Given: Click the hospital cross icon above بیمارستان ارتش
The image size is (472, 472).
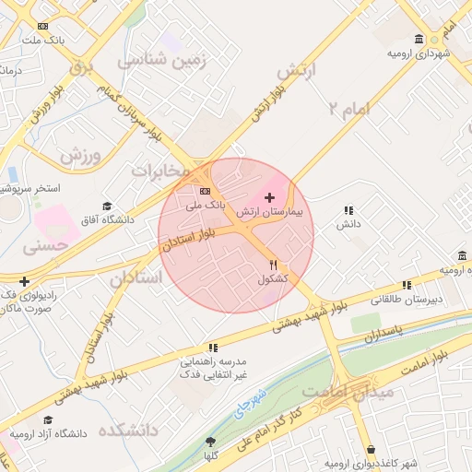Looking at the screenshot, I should pos(269,197).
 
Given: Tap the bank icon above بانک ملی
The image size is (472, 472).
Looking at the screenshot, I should pos(204,191).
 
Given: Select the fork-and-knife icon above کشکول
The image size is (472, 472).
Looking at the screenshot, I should pos(272,265).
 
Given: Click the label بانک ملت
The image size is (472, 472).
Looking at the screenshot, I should pos(45,41).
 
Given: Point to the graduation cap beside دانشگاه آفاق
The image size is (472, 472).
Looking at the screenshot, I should pos(107,206).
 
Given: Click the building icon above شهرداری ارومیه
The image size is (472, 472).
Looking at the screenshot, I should pos(419,39).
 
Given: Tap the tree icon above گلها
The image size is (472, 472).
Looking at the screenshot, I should pos(211,442).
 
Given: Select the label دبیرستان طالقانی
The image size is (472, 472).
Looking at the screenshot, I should pos(407,300).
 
